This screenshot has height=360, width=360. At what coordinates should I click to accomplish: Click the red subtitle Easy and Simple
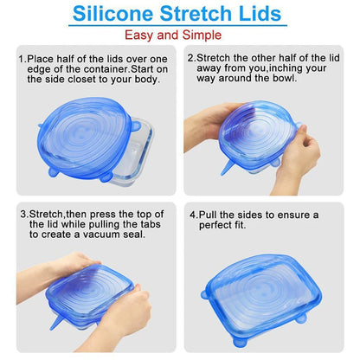tap(180, 35)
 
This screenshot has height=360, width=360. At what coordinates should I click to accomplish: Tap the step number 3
tap(22, 213)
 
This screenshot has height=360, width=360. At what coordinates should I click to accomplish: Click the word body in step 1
tap(154, 78)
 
